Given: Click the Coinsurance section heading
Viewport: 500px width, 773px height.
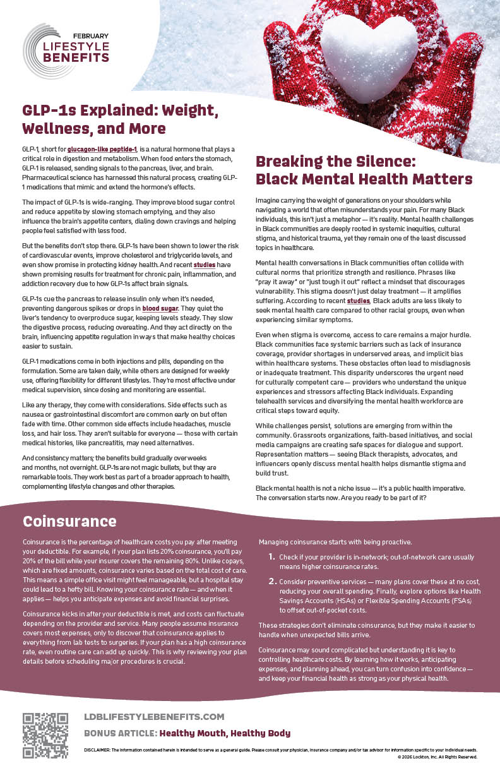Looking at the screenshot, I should click(x=69, y=521).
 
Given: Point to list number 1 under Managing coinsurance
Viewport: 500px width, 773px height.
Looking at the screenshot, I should click(x=271, y=556).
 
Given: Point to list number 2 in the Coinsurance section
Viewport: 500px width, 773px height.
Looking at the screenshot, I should click(x=271, y=581).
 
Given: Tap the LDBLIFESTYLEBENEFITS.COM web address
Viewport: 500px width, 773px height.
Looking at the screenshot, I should click(x=154, y=716).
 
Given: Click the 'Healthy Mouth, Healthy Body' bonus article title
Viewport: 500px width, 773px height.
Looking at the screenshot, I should click(x=225, y=733).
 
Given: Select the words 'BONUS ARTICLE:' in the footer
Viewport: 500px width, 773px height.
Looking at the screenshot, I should click(x=120, y=733).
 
